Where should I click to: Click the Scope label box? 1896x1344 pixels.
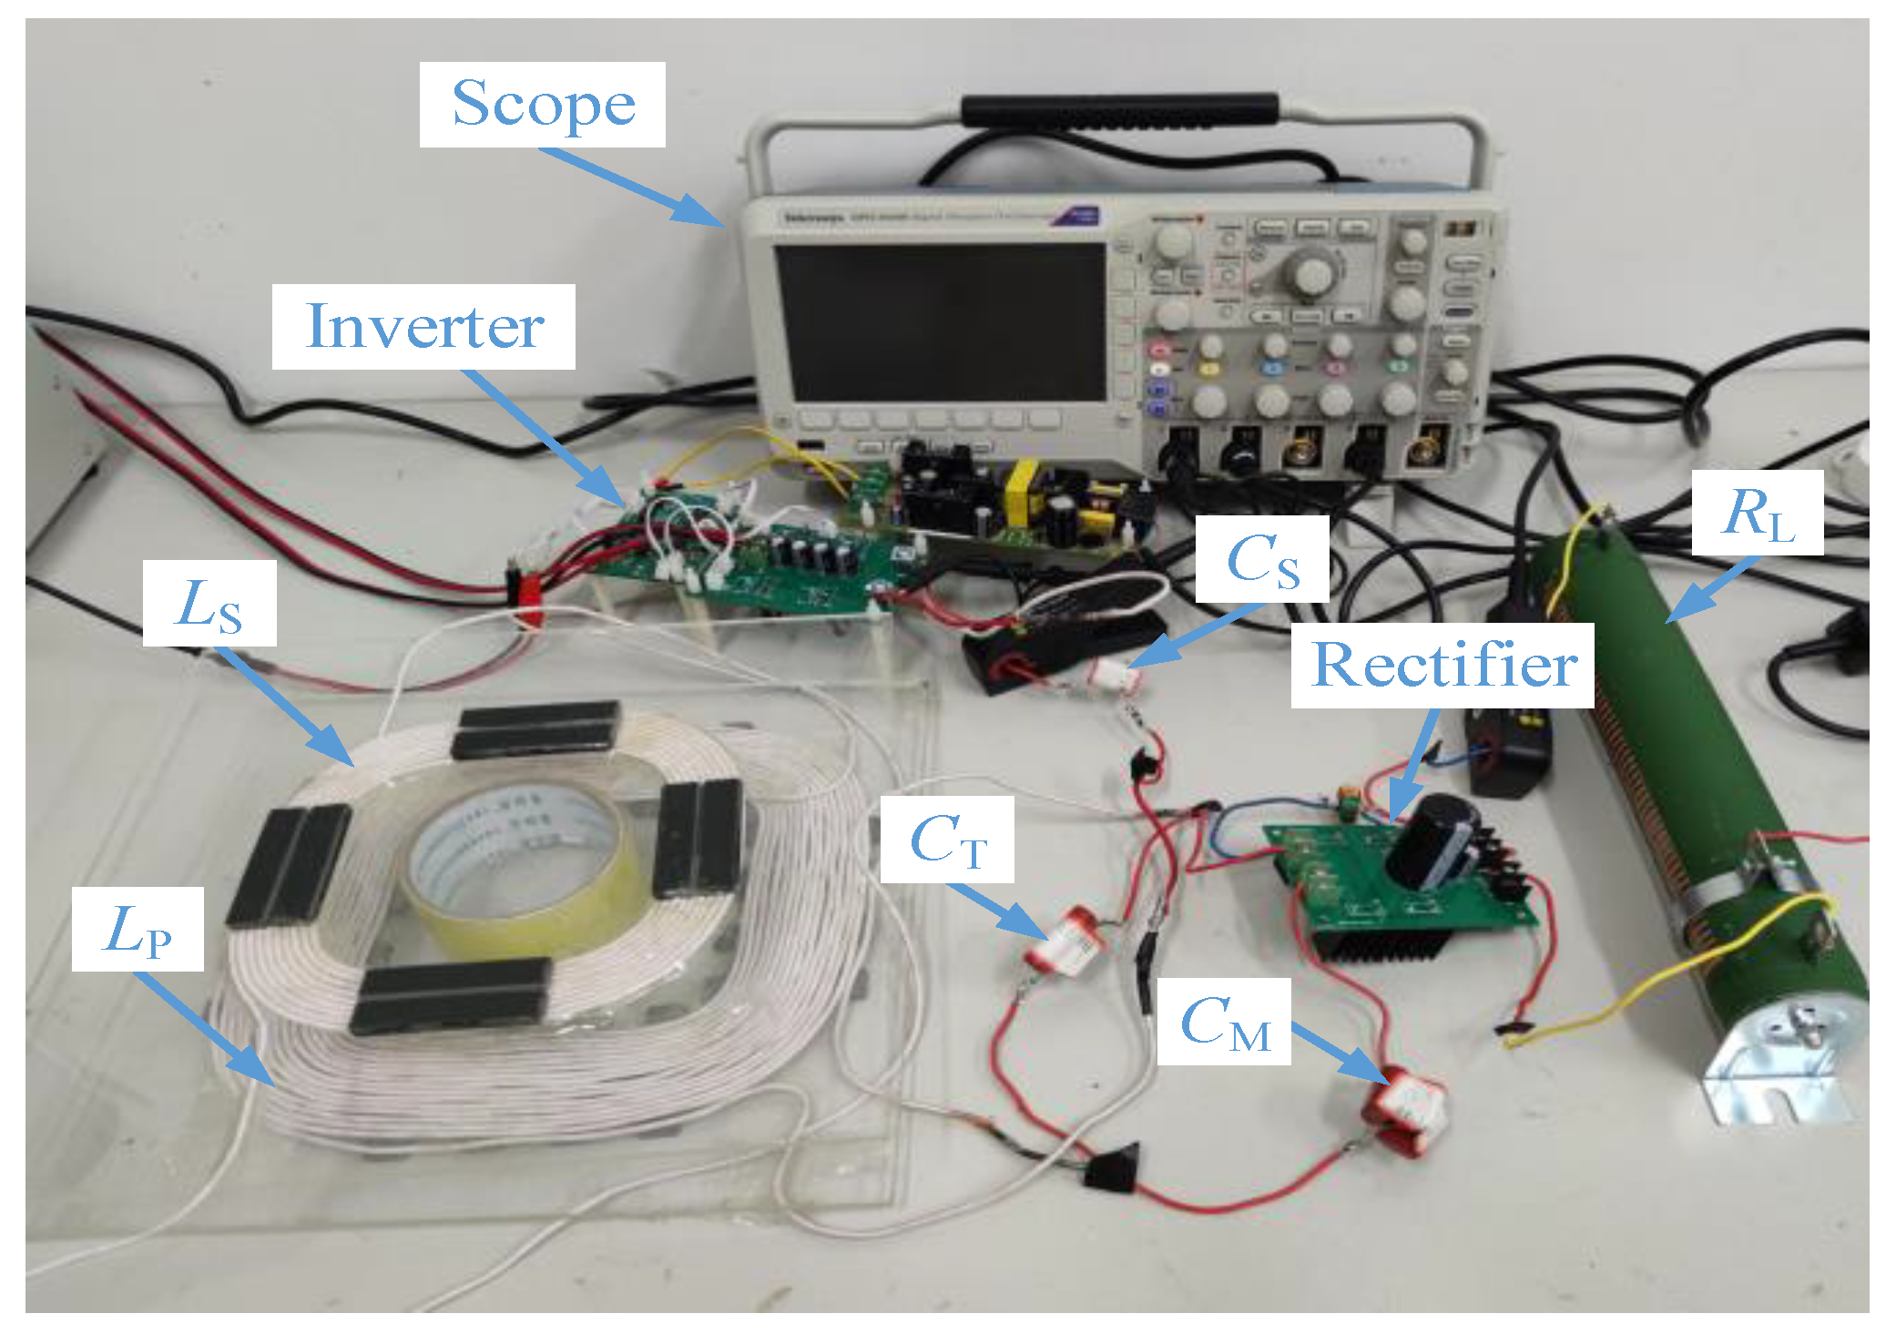point(542,105)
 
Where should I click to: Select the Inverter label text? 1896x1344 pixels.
point(423,326)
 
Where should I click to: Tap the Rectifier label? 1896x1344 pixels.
point(1442,665)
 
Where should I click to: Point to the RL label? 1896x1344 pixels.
point(1757,513)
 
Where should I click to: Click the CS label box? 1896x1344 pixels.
point(1261,559)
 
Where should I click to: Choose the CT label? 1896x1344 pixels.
point(947,839)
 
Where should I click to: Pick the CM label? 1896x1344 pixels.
point(1223,1022)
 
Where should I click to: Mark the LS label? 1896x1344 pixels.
point(209,604)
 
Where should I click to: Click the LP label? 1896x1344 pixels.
point(138,929)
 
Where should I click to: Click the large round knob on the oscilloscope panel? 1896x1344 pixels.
point(1312,274)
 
